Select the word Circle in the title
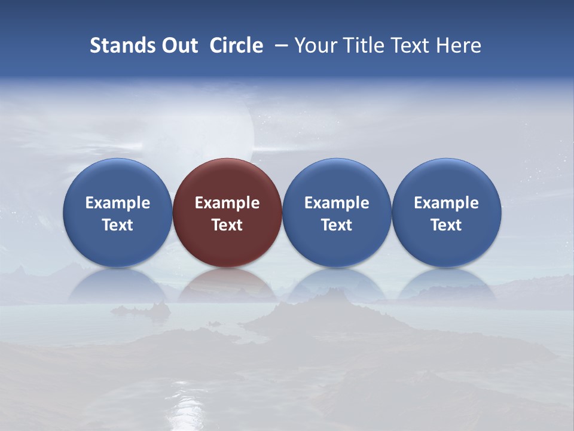236,45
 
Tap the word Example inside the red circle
227,203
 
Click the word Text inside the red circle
227,225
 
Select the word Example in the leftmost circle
117,203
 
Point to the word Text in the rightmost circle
447,225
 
